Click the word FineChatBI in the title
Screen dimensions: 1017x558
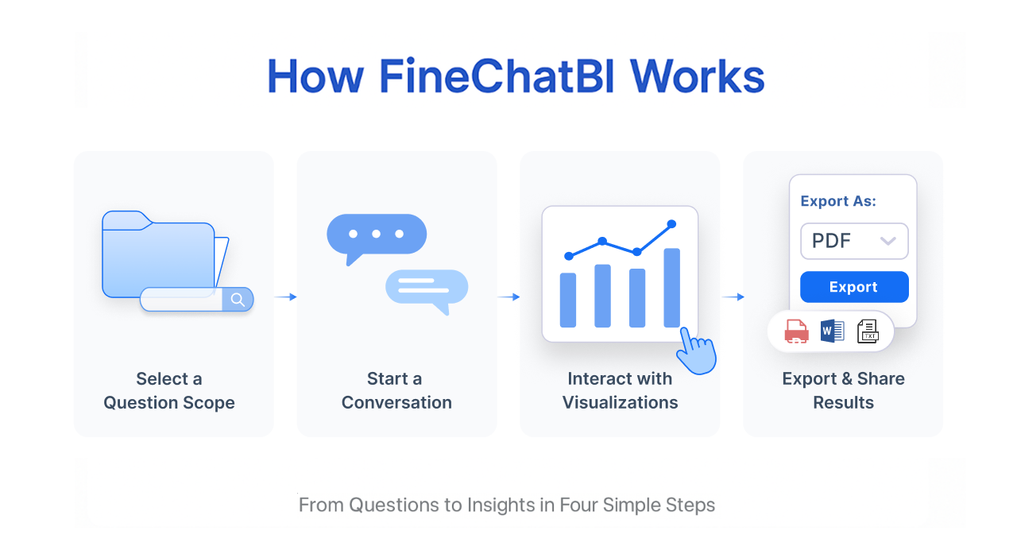pos(497,76)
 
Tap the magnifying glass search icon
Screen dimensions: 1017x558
pos(238,300)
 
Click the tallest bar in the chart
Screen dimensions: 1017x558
pos(671,288)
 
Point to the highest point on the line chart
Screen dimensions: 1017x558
pos(671,223)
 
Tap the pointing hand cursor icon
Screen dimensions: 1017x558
pos(696,351)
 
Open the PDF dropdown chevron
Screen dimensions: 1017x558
pos(887,241)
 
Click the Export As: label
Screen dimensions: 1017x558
pos(838,201)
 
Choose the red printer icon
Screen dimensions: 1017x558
pos(796,331)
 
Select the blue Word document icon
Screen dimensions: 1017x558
pos(832,331)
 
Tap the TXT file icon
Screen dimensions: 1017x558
pos(868,331)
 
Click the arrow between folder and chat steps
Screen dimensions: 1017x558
pos(285,296)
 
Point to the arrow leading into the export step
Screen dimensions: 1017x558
pos(733,296)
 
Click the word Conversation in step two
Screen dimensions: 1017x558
pos(396,402)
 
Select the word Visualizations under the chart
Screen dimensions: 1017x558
pos(620,402)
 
